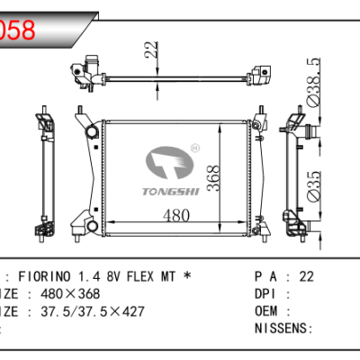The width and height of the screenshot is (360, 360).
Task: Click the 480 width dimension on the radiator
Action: coord(177,214)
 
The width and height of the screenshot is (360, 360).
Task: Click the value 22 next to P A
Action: coord(306,275)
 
